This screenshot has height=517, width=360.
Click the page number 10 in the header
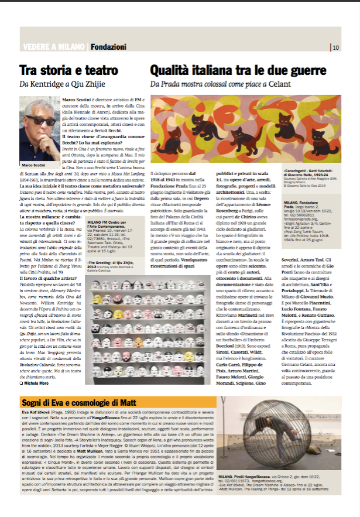[x=335, y=47]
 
